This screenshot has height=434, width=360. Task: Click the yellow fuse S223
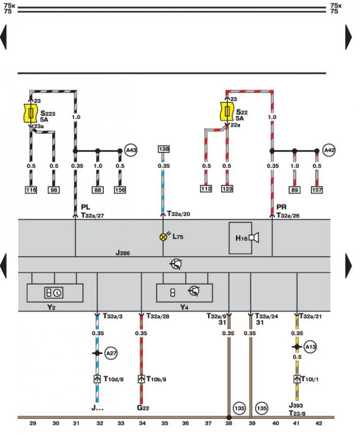coord(30,113)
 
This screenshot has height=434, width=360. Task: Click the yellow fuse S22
coord(227,112)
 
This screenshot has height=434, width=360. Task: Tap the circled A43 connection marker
coord(131,150)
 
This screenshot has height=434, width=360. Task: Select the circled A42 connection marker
coord(329,150)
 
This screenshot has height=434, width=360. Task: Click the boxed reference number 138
coord(164,149)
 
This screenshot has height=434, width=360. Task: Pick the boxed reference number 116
coord(31,190)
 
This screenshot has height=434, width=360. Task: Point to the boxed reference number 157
coord(317,190)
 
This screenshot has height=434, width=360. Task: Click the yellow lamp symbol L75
coord(164,237)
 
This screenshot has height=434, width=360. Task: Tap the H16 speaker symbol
coord(254,238)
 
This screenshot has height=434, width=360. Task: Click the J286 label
coord(123,253)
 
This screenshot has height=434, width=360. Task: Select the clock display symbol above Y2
coord(54,293)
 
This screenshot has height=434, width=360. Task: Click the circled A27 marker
coord(111,353)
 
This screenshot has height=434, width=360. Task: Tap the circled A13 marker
coord(310,347)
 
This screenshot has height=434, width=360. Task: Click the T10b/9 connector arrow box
coord(141,379)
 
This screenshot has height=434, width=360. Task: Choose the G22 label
coord(143,408)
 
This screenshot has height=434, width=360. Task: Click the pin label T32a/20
coord(178,214)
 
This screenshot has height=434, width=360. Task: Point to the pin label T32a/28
coord(158,316)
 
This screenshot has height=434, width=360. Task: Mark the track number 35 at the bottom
coord(164,423)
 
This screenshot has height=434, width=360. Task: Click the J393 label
coord(296,405)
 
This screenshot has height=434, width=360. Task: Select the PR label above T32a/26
coord(281,207)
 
